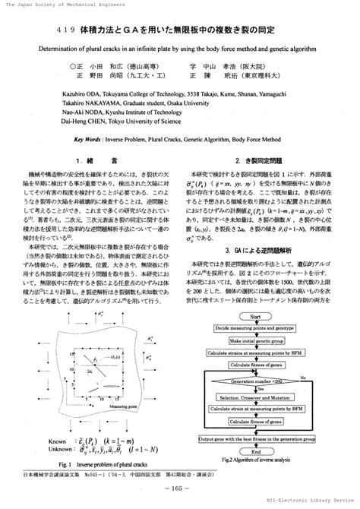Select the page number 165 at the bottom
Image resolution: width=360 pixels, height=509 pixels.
(180, 487)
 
